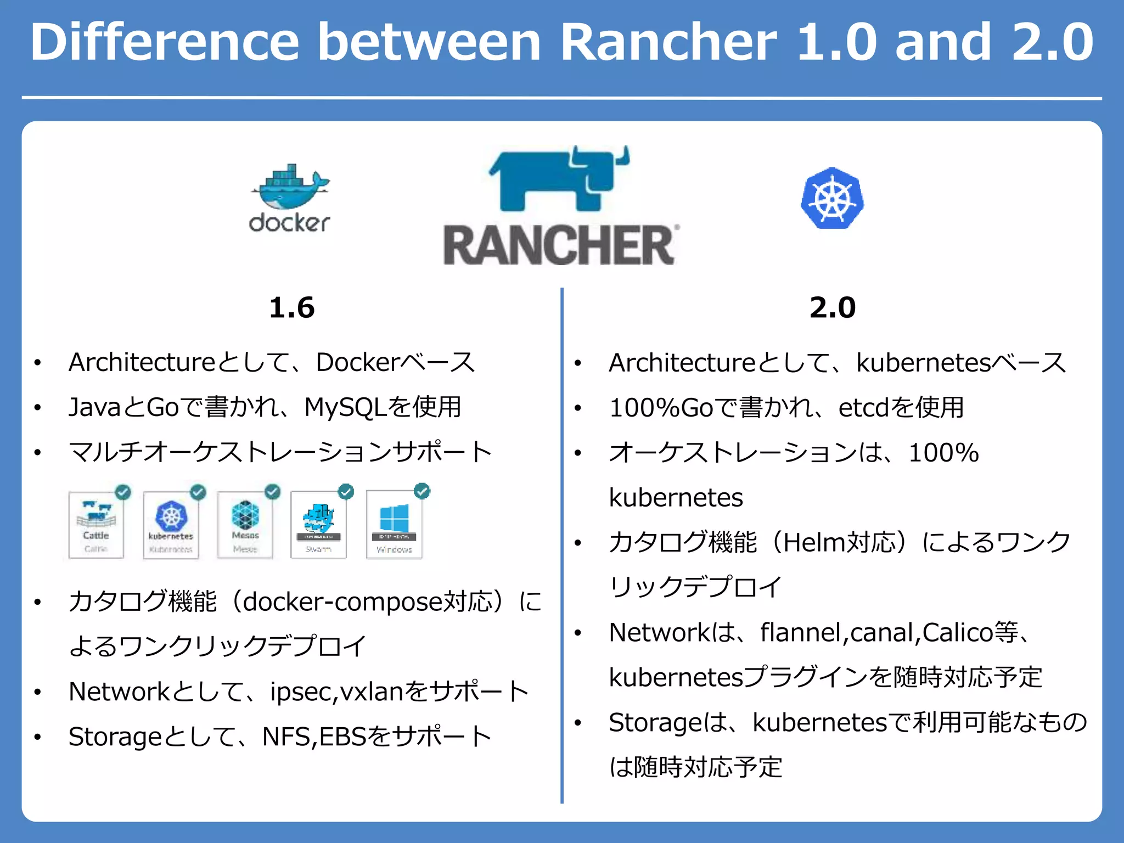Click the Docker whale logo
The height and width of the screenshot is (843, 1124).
point(290,198)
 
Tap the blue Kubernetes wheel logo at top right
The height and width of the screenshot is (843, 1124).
point(832,199)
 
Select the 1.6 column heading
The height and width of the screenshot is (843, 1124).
point(291,307)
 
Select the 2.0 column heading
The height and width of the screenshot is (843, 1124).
point(832,307)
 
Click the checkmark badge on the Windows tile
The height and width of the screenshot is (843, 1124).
point(422,491)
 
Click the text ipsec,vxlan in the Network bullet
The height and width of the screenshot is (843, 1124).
point(335,692)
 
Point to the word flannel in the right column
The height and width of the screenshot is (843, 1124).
point(804,632)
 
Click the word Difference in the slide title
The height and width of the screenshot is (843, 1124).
point(165,42)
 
